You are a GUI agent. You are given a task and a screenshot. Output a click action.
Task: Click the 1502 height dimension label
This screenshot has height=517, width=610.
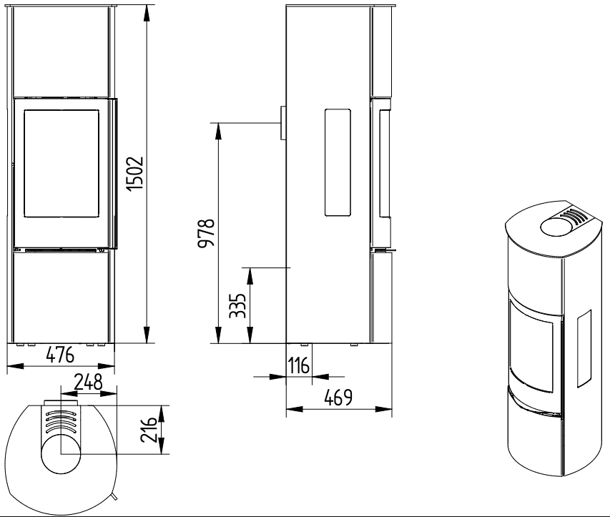click(x=136, y=174)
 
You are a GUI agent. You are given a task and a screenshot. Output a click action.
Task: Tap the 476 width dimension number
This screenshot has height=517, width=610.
click(x=60, y=355)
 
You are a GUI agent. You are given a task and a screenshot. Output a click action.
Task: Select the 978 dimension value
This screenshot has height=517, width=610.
click(x=206, y=232)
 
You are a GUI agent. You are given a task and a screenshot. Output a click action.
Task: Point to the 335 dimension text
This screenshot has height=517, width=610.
click(x=237, y=305)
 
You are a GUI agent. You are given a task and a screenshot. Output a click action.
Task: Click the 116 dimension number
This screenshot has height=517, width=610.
click(x=299, y=365)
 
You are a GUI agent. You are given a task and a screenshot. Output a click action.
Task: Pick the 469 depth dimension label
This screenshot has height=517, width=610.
click(x=338, y=398)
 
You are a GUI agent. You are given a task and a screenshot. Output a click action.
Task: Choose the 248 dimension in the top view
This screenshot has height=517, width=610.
click(x=88, y=382)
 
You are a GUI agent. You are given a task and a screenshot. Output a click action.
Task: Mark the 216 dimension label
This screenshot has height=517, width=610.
click(x=149, y=430)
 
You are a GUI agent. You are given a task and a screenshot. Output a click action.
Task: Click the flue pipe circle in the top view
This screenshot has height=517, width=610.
click(x=61, y=453)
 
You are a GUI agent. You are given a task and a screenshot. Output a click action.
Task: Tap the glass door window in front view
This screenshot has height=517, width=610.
click(x=62, y=163)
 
